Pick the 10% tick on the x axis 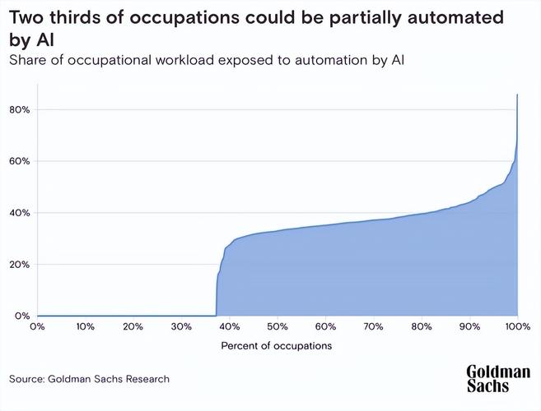click(x=85, y=326)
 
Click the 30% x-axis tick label click(x=181, y=326)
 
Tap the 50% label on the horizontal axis click(x=277, y=326)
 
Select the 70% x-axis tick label click(x=374, y=326)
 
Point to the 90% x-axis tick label click(x=470, y=326)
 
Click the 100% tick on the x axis click(x=517, y=326)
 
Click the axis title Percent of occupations click(x=277, y=346)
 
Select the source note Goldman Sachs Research click(x=90, y=379)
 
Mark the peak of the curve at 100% click(x=517, y=95)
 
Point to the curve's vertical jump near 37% click(x=217, y=288)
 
